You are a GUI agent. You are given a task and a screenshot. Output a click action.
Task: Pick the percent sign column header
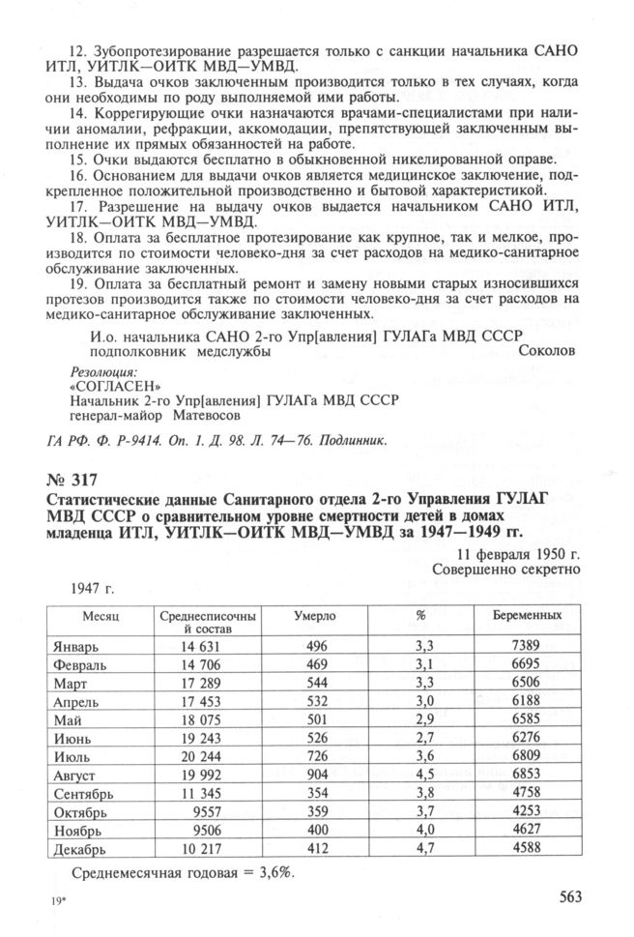click(420, 615)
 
